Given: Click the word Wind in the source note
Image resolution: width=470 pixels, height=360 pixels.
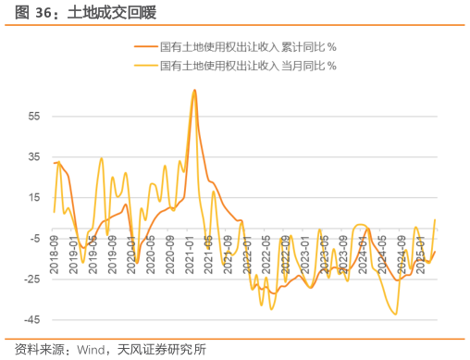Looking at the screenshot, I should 92,350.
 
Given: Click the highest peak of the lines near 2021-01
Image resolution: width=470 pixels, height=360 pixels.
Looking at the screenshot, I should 194,90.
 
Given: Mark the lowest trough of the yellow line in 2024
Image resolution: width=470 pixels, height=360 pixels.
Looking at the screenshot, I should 396,315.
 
